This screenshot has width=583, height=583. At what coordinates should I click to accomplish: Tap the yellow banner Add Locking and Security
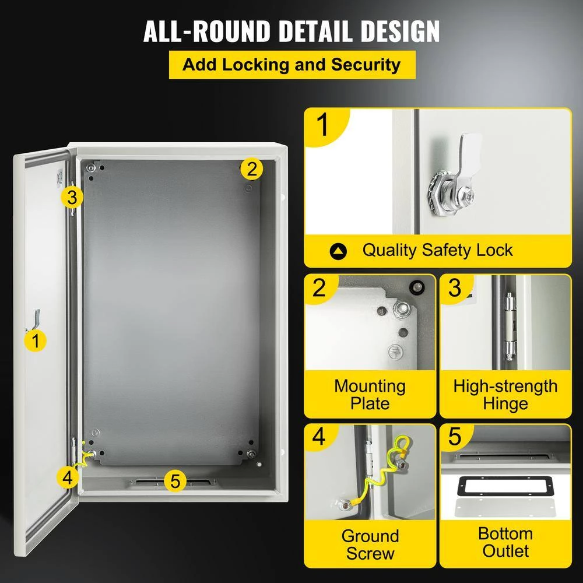pyautogui.click(x=291, y=65)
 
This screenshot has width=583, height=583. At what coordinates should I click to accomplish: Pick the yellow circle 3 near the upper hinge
pyautogui.click(x=71, y=197)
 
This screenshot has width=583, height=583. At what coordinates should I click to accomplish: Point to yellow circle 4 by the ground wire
pyautogui.click(x=68, y=477)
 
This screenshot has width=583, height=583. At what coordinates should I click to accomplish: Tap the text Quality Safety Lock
pyautogui.click(x=437, y=251)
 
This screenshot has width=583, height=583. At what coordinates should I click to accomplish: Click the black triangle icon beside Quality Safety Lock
pyautogui.click(x=338, y=252)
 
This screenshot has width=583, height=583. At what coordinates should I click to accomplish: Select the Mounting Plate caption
pyautogui.click(x=370, y=395)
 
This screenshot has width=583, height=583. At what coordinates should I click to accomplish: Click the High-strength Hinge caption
pyautogui.click(x=505, y=395)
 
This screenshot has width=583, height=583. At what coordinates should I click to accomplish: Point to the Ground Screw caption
pyautogui.click(x=370, y=544)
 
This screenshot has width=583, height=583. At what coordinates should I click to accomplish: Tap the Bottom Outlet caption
pyautogui.click(x=505, y=542)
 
